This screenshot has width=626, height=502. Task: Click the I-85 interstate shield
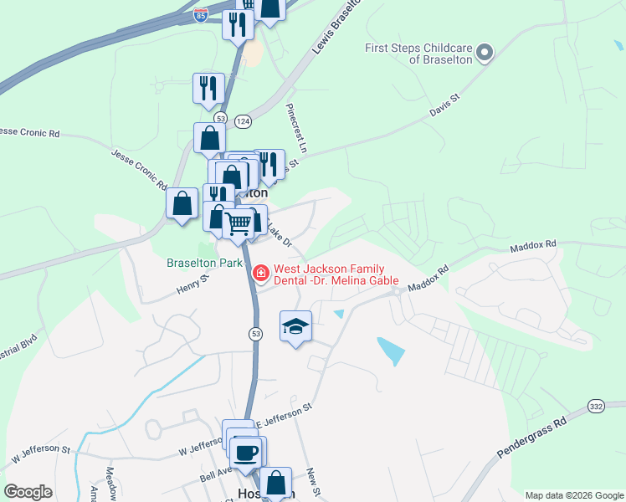[x=200, y=16]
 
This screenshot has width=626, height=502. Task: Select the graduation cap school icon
[x=295, y=325]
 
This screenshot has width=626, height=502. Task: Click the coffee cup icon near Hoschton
[x=246, y=453]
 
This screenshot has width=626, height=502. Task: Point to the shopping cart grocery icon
[x=239, y=223]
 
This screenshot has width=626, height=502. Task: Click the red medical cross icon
[x=260, y=273]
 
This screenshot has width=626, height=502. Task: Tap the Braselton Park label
[x=204, y=263]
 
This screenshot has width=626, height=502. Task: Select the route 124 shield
[x=243, y=121]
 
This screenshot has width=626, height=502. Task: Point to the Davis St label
[x=444, y=105]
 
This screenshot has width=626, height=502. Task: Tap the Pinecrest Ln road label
[x=297, y=127]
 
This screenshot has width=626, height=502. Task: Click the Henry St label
[x=191, y=288]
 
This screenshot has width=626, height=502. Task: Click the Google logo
[x=28, y=492]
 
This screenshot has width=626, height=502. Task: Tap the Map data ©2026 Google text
[x=573, y=495]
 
